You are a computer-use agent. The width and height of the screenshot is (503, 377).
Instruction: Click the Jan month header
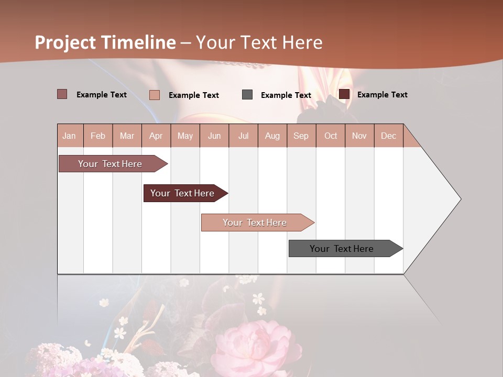tap(69, 136)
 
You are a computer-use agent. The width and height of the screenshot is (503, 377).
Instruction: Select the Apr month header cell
tap(156, 136)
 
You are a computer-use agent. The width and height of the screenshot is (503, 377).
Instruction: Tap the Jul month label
tap(243, 136)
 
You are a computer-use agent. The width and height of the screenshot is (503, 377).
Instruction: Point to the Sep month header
tap(301, 136)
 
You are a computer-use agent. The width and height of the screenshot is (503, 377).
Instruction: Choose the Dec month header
tap(388, 136)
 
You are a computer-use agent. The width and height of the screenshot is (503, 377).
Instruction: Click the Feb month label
tap(98, 136)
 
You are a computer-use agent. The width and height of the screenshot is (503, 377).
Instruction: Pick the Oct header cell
tap(331, 136)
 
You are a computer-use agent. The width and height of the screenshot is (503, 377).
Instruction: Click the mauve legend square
tap(62, 94)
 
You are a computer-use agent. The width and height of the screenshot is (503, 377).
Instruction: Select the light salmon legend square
tap(154, 95)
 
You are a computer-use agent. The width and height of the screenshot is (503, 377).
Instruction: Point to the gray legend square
tap(247, 95)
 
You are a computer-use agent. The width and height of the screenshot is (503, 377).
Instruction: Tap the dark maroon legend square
tap(344, 94)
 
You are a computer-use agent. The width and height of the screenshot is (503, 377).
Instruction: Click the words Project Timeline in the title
tap(105, 42)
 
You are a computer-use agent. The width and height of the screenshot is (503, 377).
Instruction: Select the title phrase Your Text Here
tap(259, 42)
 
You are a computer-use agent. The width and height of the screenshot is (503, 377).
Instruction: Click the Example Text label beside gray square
tap(286, 95)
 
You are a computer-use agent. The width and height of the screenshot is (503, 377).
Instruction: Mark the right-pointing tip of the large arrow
tap(460, 199)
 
